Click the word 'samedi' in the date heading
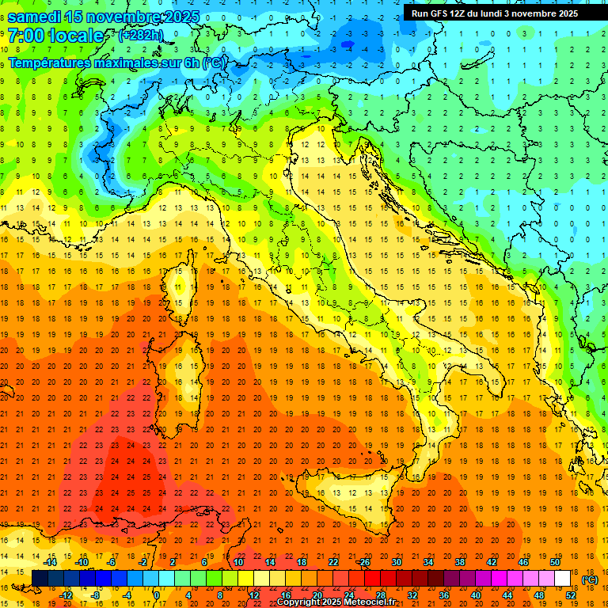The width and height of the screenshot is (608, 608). coord(35,17)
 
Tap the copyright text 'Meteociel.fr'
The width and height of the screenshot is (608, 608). coord(364,602)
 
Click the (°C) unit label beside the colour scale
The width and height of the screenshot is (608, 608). coord(590,579)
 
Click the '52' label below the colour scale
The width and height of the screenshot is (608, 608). coord(570,595)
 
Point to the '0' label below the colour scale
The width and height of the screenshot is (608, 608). coord(156,595)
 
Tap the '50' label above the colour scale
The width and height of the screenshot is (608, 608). coord(555,562)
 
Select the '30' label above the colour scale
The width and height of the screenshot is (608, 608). coord(396,562)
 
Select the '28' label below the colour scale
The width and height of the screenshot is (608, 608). coord(380,595)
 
